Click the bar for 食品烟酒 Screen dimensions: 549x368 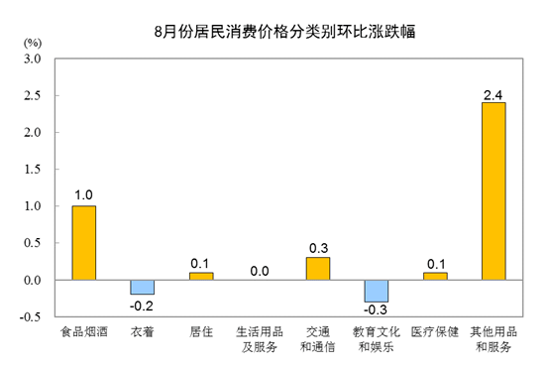(84, 243)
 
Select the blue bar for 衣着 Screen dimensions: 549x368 (143, 288)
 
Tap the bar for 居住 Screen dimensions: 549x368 (201, 276)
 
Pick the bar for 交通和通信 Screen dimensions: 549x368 (318, 269)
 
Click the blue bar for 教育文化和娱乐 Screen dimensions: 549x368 (377, 292)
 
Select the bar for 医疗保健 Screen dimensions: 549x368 (435, 276)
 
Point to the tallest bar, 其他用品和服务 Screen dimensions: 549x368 (494, 191)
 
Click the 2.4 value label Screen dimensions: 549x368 (493, 95)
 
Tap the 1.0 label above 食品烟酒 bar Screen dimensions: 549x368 (83, 194)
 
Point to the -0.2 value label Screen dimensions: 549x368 (142, 306)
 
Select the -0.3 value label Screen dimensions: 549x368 (376, 309)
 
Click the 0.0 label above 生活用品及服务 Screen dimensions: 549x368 (260, 271)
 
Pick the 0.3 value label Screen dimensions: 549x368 (319, 248)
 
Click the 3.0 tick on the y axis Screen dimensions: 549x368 (33, 59)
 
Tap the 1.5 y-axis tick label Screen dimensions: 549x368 (33, 170)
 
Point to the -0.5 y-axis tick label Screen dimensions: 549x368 (30, 316)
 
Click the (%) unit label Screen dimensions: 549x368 (33, 43)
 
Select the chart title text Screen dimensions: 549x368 (284, 31)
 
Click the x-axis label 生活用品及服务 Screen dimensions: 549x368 (260, 339)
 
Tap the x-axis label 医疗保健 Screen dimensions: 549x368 (435, 331)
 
